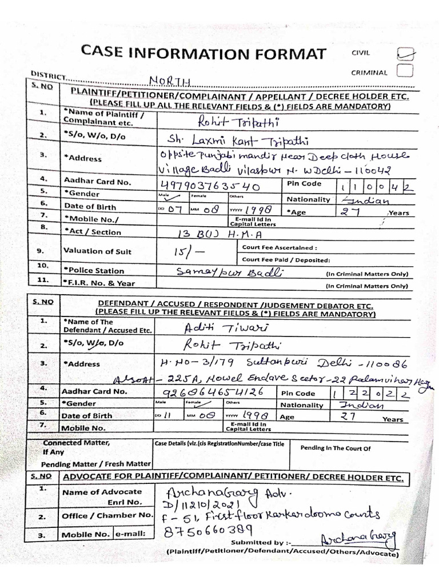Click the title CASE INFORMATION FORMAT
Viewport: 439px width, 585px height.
[x=204, y=54]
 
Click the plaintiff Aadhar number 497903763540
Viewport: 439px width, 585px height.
[x=211, y=186]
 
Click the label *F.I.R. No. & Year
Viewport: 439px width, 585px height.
[x=98, y=283]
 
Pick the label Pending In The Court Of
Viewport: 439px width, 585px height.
[x=336, y=448]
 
